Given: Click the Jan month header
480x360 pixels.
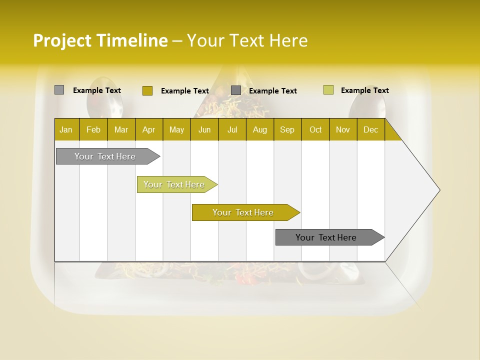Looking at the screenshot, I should click(66, 129).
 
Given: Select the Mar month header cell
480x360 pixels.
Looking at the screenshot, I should click(121, 129).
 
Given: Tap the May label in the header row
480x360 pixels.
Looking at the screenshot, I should click(176, 129).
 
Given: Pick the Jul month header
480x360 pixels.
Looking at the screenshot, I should click(232, 129).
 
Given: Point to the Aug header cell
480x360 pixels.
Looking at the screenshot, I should click(259, 129).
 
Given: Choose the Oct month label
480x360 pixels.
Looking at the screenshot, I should click(315, 129).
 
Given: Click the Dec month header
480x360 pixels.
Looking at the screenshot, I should click(370, 129).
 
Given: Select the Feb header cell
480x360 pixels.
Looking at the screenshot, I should click(93, 129).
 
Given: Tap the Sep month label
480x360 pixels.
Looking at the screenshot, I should click(287, 129).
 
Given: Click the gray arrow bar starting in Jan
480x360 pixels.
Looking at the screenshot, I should click(105, 156).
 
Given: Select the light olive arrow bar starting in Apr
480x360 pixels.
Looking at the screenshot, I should click(174, 184).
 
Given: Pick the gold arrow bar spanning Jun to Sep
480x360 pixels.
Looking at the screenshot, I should click(243, 212).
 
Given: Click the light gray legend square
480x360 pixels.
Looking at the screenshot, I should click(59, 90).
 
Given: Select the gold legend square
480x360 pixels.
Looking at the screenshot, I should click(147, 90).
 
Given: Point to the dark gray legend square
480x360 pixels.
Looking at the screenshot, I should click(236, 90).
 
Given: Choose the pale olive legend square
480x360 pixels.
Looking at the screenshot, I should click(328, 90).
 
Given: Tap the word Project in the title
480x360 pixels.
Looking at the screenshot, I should click(62, 40).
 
